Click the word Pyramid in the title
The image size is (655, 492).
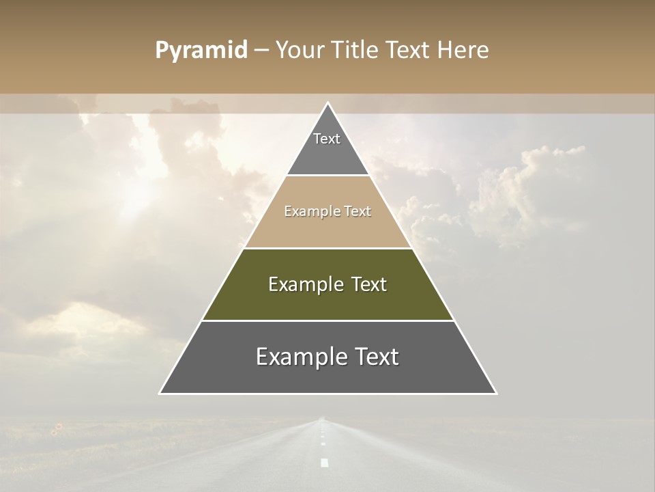pos(201,51)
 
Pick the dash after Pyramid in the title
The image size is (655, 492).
pos(261,51)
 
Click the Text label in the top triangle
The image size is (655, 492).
pos(327,139)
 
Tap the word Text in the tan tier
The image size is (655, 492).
pos(358,212)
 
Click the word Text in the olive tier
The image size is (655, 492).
pos(369,284)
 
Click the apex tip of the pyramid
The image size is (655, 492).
pos(327,103)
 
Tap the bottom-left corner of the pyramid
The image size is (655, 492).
pos(160,393)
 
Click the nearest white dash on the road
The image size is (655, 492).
pos(325,463)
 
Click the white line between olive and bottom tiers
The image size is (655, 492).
pos(327,320)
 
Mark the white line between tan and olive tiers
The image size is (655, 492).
pos(327,248)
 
